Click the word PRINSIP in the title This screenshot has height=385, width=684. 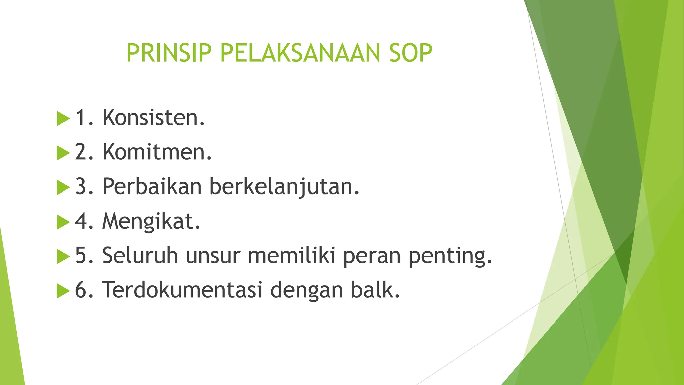click(x=169, y=53)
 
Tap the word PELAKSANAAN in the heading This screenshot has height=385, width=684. click(x=300, y=53)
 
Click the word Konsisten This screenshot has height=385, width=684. click(x=153, y=118)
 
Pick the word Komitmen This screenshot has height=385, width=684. click(x=157, y=152)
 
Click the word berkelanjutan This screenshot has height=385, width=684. click(x=285, y=186)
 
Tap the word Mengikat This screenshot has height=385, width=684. click(x=151, y=221)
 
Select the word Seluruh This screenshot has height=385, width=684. click(x=140, y=256)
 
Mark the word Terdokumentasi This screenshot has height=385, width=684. click(x=182, y=290)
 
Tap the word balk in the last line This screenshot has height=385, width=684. click(x=375, y=290)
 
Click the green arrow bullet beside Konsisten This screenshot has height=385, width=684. click(x=63, y=119)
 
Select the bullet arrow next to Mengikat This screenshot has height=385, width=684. click(x=63, y=222)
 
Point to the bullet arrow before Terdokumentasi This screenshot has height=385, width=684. click(x=63, y=291)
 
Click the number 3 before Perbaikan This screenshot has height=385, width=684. click(x=81, y=186)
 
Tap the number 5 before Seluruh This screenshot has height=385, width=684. click(x=81, y=256)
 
